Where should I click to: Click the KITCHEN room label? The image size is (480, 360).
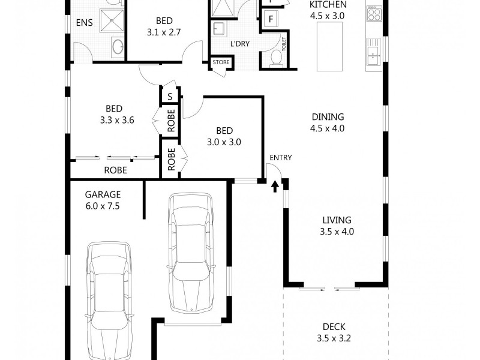[x=327, y=5]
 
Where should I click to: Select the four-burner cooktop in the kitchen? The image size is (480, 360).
[x=374, y=13]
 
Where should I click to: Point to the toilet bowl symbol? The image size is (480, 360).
[x=275, y=58]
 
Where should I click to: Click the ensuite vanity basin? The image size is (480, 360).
[x=117, y=46]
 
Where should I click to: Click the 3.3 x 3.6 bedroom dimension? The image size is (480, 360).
[x=114, y=119]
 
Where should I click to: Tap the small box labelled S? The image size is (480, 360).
[x=170, y=97]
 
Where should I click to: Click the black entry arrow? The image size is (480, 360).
[x=275, y=187]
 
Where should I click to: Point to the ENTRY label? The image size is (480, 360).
[x=280, y=158]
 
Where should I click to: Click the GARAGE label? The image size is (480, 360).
[x=103, y=194]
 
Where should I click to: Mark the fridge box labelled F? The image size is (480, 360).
[x=271, y=19]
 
